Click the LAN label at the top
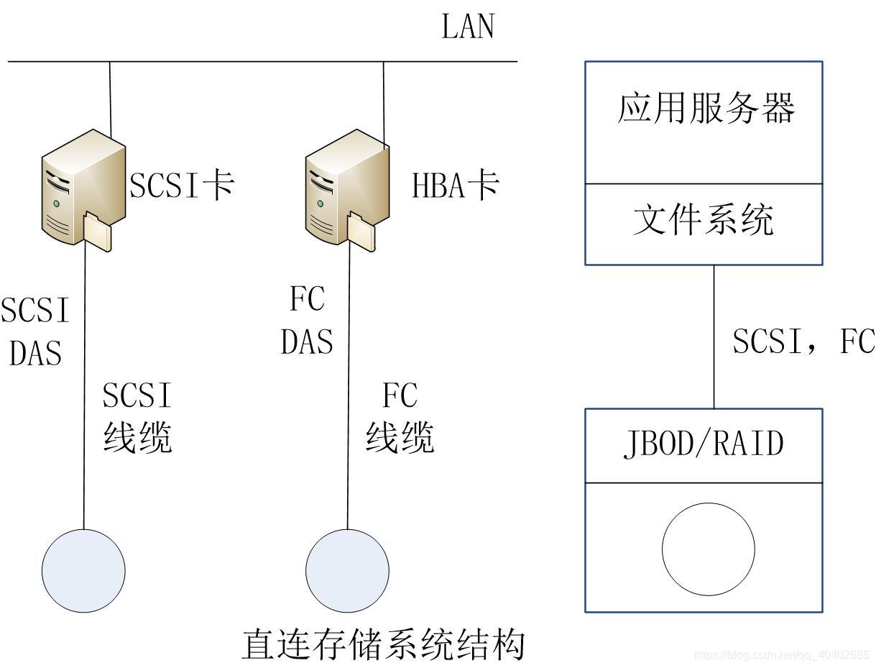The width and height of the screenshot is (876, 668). (x=468, y=27)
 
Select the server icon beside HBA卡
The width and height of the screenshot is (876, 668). (x=346, y=189)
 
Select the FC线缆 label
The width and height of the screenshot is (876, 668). (x=400, y=417)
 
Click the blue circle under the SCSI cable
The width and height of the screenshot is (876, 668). (x=83, y=571)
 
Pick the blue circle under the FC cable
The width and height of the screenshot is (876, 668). (x=347, y=571)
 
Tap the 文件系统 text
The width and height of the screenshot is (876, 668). (x=703, y=220)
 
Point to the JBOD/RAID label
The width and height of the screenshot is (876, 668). (x=703, y=444)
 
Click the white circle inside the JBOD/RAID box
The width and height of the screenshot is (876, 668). (x=708, y=549)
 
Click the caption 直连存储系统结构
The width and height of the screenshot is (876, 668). (x=382, y=644)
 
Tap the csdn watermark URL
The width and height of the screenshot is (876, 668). (x=781, y=655)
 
